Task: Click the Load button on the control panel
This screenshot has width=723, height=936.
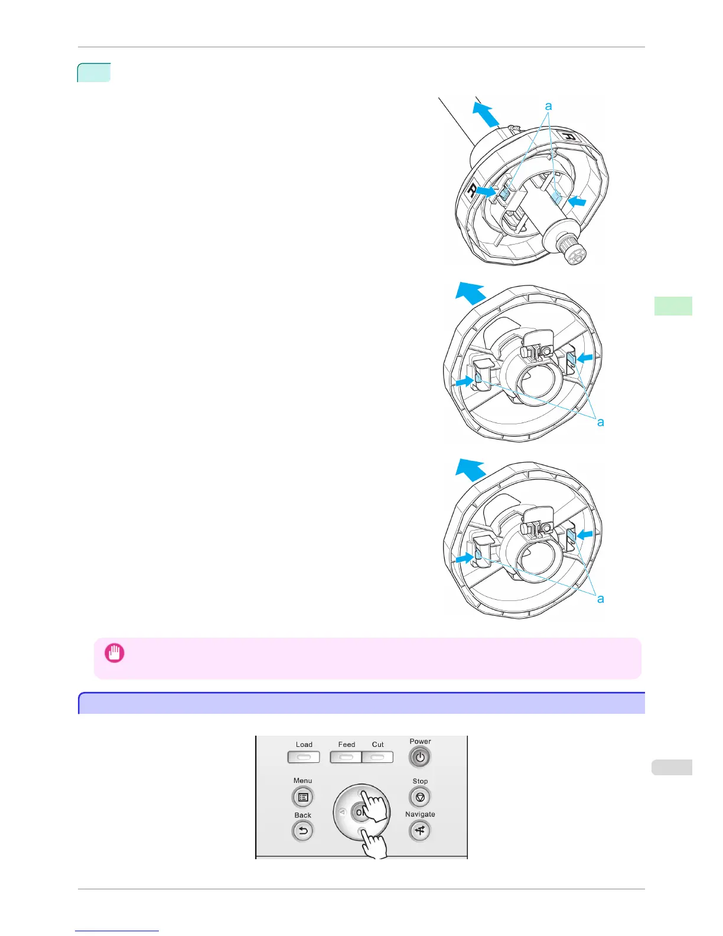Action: (304, 757)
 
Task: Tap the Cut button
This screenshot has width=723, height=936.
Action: (378, 757)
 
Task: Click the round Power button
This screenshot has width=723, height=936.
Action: (420, 757)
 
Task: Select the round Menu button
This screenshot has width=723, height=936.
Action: (303, 797)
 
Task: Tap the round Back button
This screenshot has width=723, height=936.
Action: (302, 831)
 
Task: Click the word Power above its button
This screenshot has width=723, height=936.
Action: (420, 742)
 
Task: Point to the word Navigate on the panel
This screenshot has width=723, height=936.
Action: (420, 814)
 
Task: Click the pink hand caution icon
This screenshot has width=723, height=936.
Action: (114, 653)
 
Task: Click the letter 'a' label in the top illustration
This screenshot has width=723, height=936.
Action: (549, 106)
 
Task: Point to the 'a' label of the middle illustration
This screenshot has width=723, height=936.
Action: (601, 422)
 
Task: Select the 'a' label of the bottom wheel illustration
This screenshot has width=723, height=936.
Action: (601, 599)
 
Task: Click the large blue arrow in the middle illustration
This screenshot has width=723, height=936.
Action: (470, 293)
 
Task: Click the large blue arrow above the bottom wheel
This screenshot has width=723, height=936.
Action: (470, 470)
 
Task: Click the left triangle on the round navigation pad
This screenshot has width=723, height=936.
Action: (342, 812)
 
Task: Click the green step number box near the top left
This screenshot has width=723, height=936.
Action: (94, 73)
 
